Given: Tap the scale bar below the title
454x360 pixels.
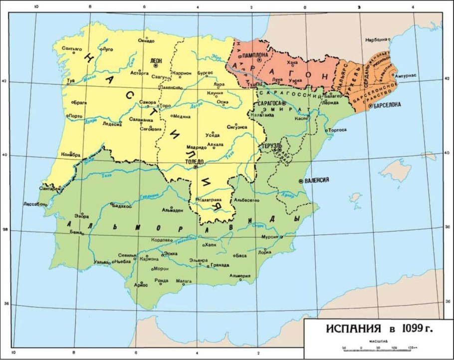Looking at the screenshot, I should pyautogui.click(x=379, y=347).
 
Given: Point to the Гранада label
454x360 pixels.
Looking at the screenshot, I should pyautogui.click(x=220, y=265).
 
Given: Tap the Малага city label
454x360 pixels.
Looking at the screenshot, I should pyautogui.click(x=184, y=281).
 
